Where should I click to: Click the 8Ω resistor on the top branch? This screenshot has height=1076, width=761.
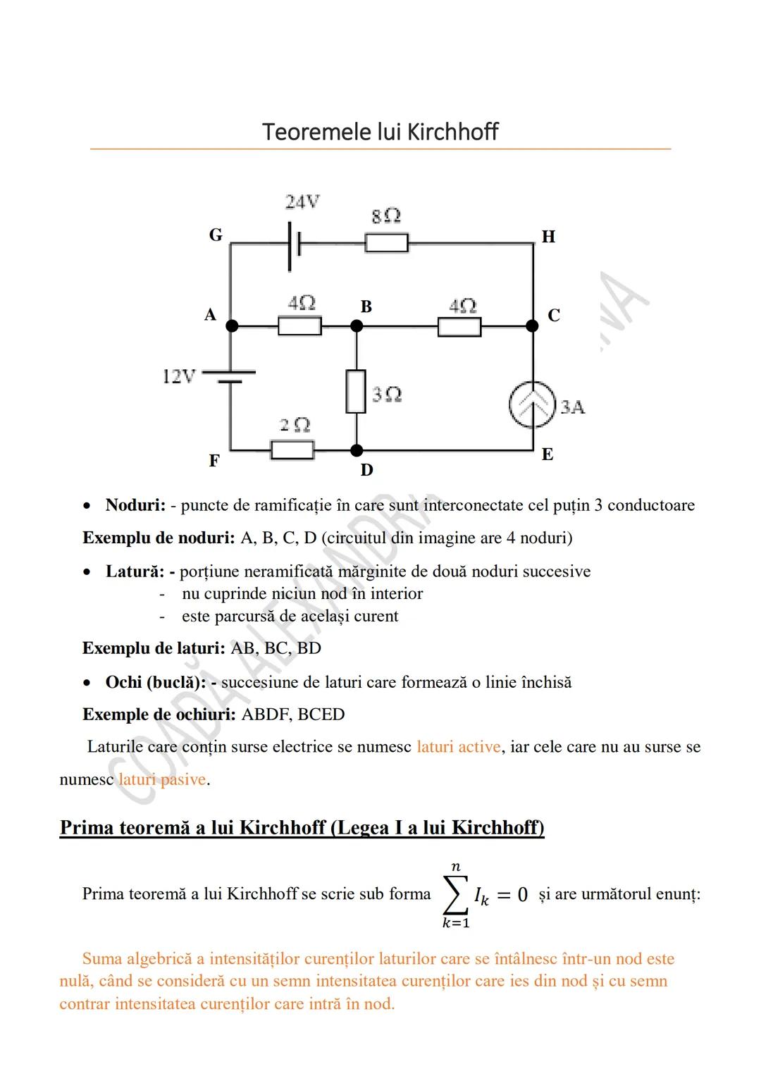point(386,243)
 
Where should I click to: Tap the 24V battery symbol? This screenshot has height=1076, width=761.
point(295,245)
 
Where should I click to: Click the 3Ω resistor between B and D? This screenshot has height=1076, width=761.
point(357,391)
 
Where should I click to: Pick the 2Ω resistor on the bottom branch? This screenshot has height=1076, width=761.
point(292,450)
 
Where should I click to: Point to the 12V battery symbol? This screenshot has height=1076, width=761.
point(230,377)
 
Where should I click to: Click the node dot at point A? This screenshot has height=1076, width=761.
point(231,326)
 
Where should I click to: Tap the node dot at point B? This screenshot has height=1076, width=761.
point(357,326)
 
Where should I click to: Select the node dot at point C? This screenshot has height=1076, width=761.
point(533,326)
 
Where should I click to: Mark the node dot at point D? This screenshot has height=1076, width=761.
point(357,450)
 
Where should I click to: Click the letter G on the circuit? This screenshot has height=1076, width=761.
point(216,235)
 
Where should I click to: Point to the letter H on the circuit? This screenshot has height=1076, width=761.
point(548,237)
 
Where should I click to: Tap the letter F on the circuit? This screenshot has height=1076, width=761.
point(214,461)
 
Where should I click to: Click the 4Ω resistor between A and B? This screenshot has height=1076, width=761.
point(299,326)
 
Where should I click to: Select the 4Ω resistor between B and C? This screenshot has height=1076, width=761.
point(459,327)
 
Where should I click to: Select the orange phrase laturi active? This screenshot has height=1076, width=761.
point(459,747)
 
